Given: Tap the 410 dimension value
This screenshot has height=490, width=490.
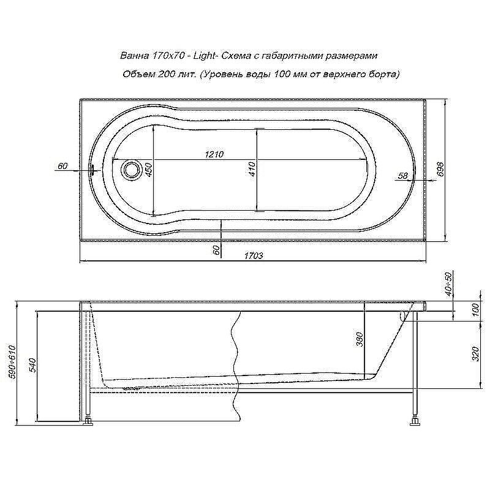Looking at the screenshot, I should (251, 169).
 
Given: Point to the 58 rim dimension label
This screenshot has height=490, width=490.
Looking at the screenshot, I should (402, 176).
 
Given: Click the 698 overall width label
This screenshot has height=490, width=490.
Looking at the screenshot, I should (440, 170).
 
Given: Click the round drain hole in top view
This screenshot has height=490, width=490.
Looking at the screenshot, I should (130, 169).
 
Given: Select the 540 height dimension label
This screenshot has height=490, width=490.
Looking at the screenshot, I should (33, 366).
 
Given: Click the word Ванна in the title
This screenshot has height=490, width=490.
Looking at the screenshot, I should (133, 56).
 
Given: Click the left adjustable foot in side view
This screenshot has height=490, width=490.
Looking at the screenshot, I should (89, 421).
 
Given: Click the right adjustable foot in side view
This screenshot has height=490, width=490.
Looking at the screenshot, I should (417, 421).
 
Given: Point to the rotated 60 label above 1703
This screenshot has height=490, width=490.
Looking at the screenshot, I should (215, 250).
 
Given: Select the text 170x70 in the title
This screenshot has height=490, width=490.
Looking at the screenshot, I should (167, 56).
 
